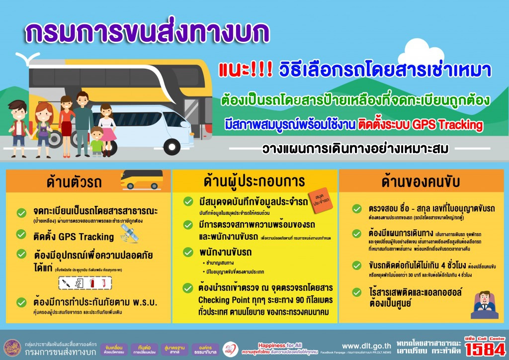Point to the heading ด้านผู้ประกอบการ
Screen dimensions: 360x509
pos(254,180)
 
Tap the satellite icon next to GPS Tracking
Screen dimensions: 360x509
pos(130,235)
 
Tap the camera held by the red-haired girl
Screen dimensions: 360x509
pos(43,132)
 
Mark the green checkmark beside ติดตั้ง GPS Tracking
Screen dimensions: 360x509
pos(21,234)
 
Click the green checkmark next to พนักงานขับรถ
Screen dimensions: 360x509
pos(188,252)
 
